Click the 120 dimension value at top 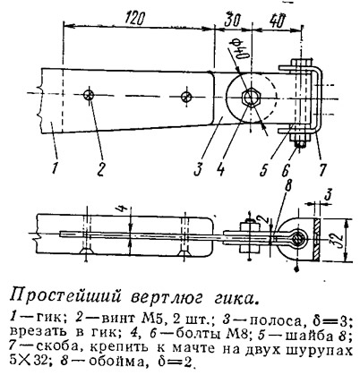tap(135, 19)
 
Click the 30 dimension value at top tap(233, 20)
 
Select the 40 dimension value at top tap(277, 20)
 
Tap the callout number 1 tap(54, 168)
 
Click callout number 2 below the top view tap(100, 169)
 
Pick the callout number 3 tap(199, 169)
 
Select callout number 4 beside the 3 tap(221, 169)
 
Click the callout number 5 tap(263, 169)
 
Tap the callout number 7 tap(321, 169)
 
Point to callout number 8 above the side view tap(287, 185)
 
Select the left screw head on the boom tap(89, 95)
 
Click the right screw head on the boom tap(186, 96)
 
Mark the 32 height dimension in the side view tap(338, 241)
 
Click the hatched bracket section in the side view tap(316, 239)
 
